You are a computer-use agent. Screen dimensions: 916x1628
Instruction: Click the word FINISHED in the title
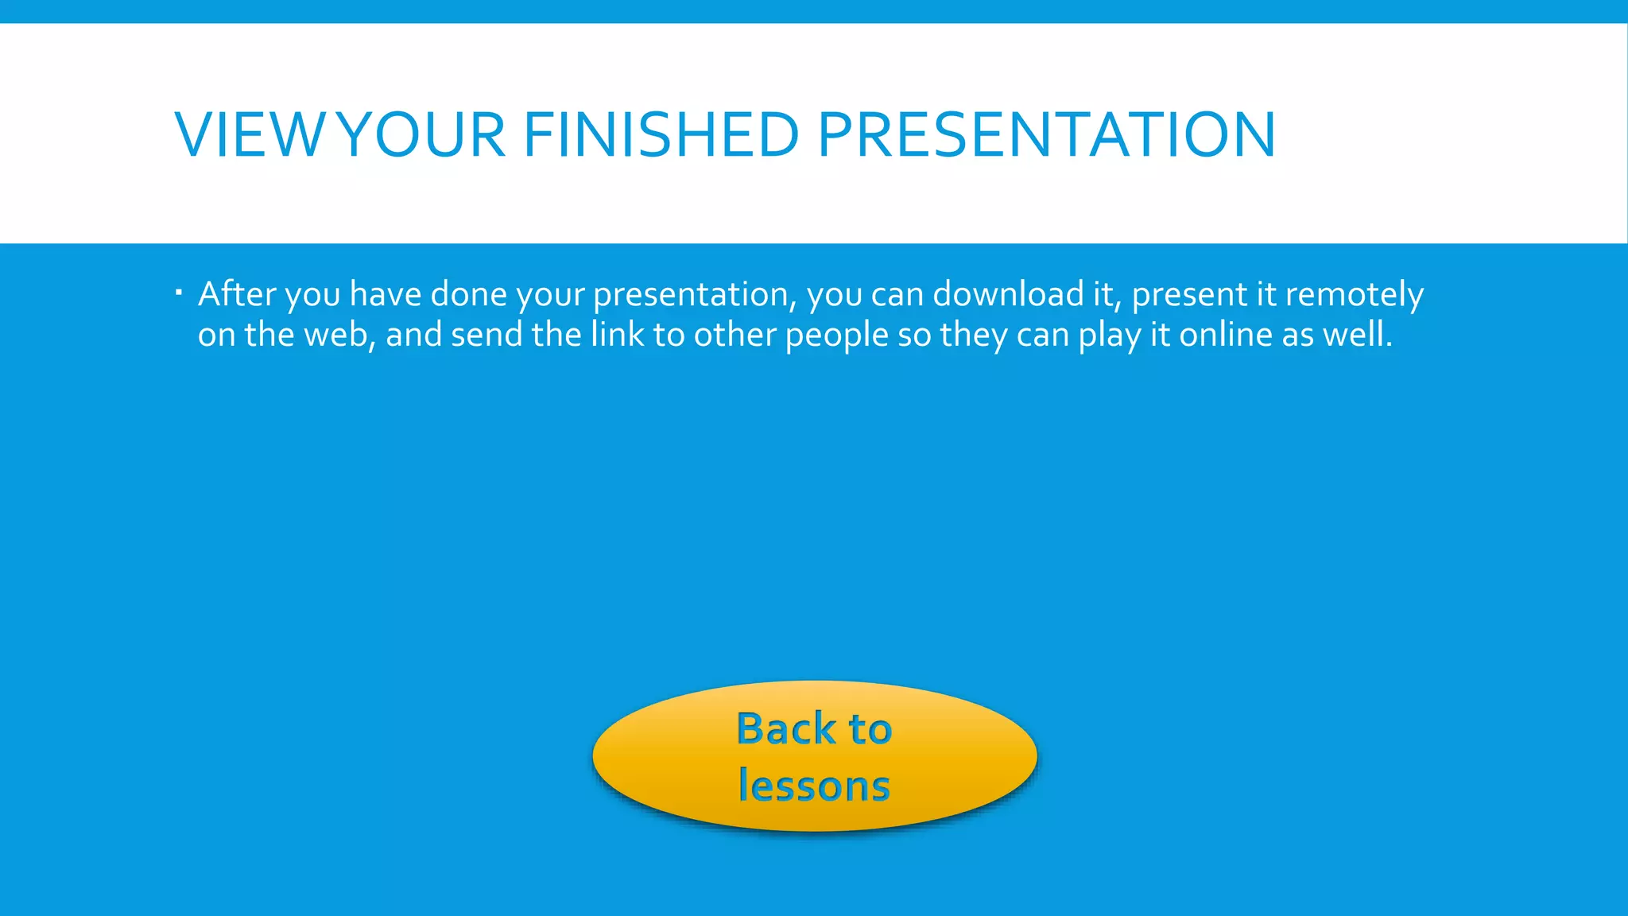661,134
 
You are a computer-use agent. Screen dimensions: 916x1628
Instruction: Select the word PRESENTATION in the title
1046,134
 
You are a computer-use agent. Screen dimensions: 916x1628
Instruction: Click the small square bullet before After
179,293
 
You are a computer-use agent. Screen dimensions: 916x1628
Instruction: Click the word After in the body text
236,294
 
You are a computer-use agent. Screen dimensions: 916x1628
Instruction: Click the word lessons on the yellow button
814,786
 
